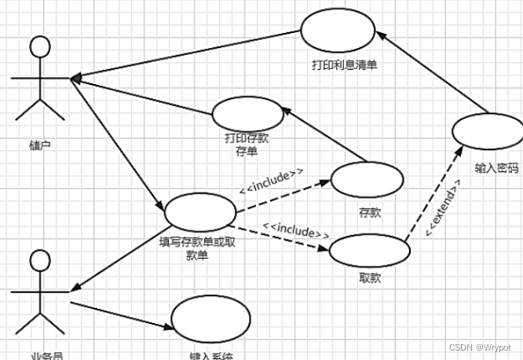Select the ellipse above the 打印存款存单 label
click(247, 114)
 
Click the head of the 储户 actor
click(39, 48)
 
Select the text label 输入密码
click(496, 168)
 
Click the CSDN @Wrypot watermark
click(478, 347)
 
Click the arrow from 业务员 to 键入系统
click(122, 314)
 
